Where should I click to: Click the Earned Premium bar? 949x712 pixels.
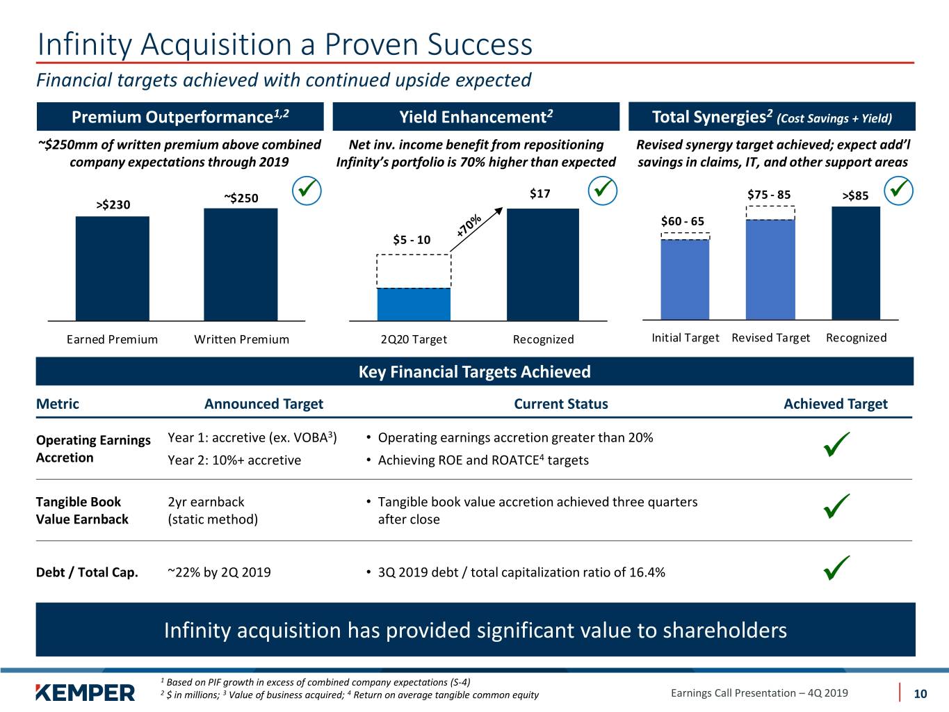coord(113,268)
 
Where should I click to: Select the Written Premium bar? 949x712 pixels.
coord(241,265)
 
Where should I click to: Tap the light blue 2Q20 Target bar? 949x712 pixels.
coord(414,305)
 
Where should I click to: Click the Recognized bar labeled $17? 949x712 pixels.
coord(542,265)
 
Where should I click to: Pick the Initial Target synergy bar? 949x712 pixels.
coord(685,280)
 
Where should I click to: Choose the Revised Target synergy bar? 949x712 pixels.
coord(770,270)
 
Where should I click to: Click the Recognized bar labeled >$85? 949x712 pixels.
coord(856,264)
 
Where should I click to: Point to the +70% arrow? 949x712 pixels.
coord(476,229)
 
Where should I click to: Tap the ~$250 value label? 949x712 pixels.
coord(241,198)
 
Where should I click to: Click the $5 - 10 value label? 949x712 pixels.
coord(412,239)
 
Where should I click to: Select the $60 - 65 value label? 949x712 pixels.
coord(682,221)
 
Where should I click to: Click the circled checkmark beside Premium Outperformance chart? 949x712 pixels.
coord(307,191)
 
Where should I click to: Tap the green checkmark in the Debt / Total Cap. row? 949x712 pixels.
coord(836,567)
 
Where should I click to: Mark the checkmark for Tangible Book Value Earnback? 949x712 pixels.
coord(836,505)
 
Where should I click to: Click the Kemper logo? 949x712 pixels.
coord(86,693)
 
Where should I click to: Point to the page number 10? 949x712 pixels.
coord(920,694)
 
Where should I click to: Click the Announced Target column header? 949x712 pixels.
coord(263,404)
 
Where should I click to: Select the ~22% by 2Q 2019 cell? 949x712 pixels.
coord(219,572)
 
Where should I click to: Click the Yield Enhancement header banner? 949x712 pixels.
coord(476,117)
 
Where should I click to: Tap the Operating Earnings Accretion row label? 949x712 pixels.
coord(93,448)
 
